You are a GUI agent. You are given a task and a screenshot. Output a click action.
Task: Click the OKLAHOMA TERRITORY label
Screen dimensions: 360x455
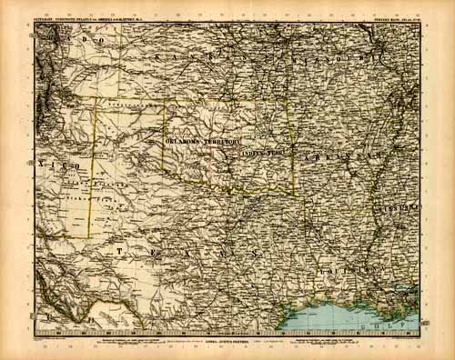click(202, 143)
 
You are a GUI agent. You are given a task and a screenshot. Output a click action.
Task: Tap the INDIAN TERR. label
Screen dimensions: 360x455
click(263, 155)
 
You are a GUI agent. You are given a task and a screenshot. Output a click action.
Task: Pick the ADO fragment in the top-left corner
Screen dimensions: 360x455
click(87, 41)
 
